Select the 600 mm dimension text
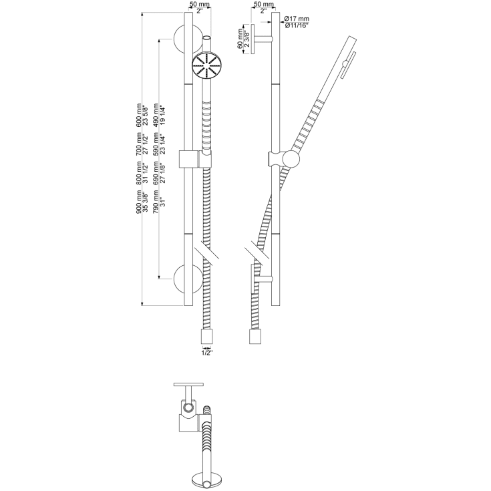139,115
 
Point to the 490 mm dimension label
156,115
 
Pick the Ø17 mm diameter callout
297,19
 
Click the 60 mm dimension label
240,39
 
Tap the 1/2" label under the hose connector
207,353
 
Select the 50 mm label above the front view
200,5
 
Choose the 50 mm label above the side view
263,5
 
